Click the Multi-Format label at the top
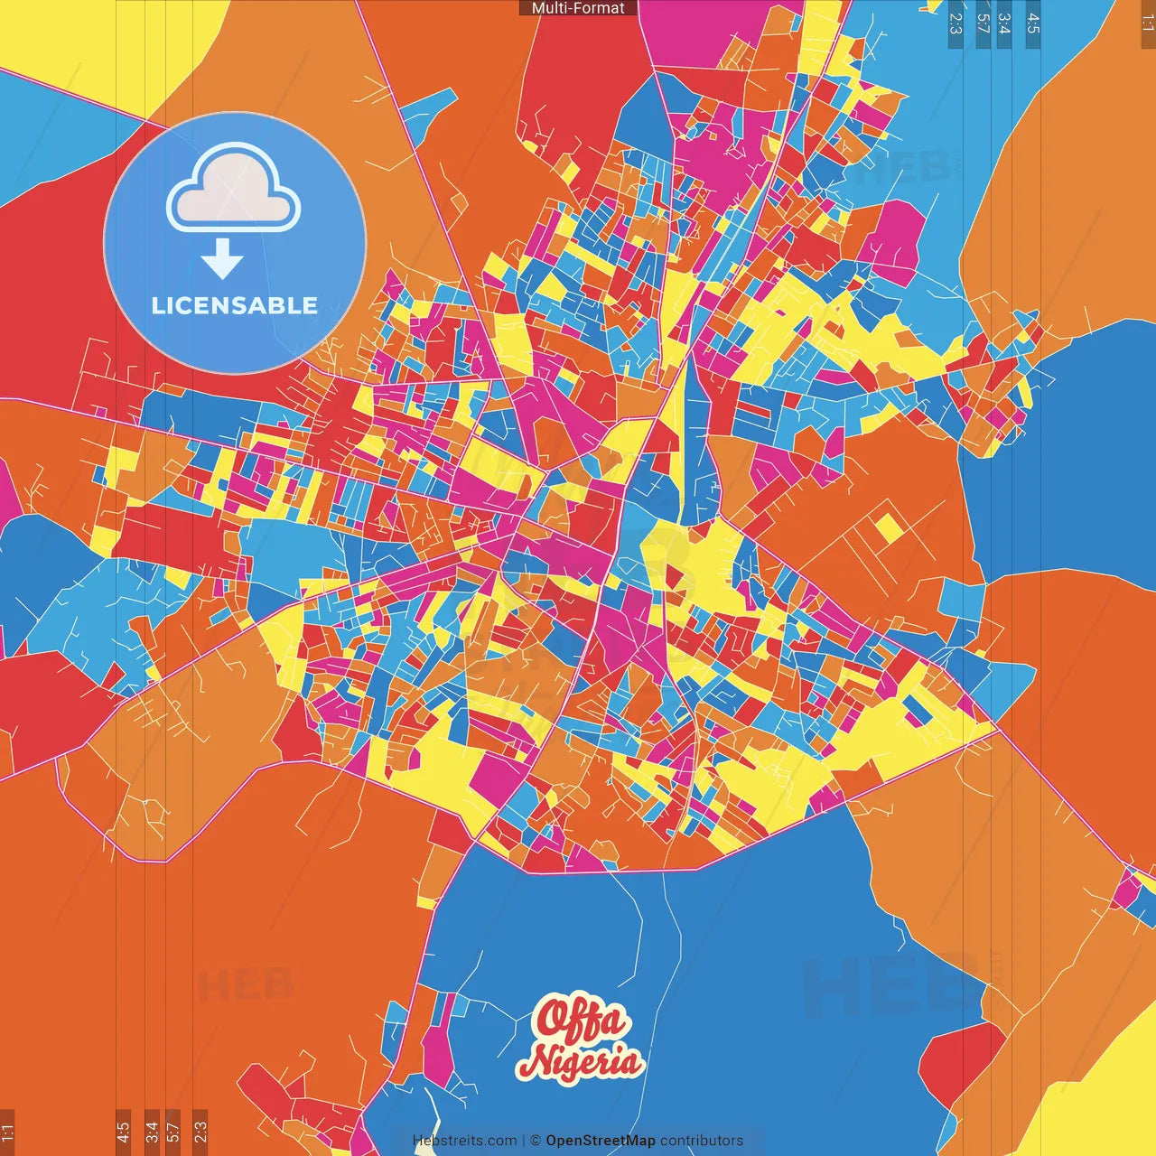tap(578, 8)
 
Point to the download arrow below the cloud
tap(222, 259)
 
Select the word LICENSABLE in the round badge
tap(235, 305)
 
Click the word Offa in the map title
tap(581, 1020)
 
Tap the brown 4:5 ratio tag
tap(123, 1132)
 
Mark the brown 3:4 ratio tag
tap(152, 1132)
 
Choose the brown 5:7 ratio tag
tap(172, 1132)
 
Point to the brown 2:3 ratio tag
tap(200, 1132)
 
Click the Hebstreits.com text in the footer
tap(464, 1141)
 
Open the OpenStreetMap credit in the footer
tap(601, 1141)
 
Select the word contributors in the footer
tap(702, 1141)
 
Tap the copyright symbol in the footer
tap(536, 1141)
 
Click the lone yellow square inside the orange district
tap(889, 527)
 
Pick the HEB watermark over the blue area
tap(890, 984)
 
